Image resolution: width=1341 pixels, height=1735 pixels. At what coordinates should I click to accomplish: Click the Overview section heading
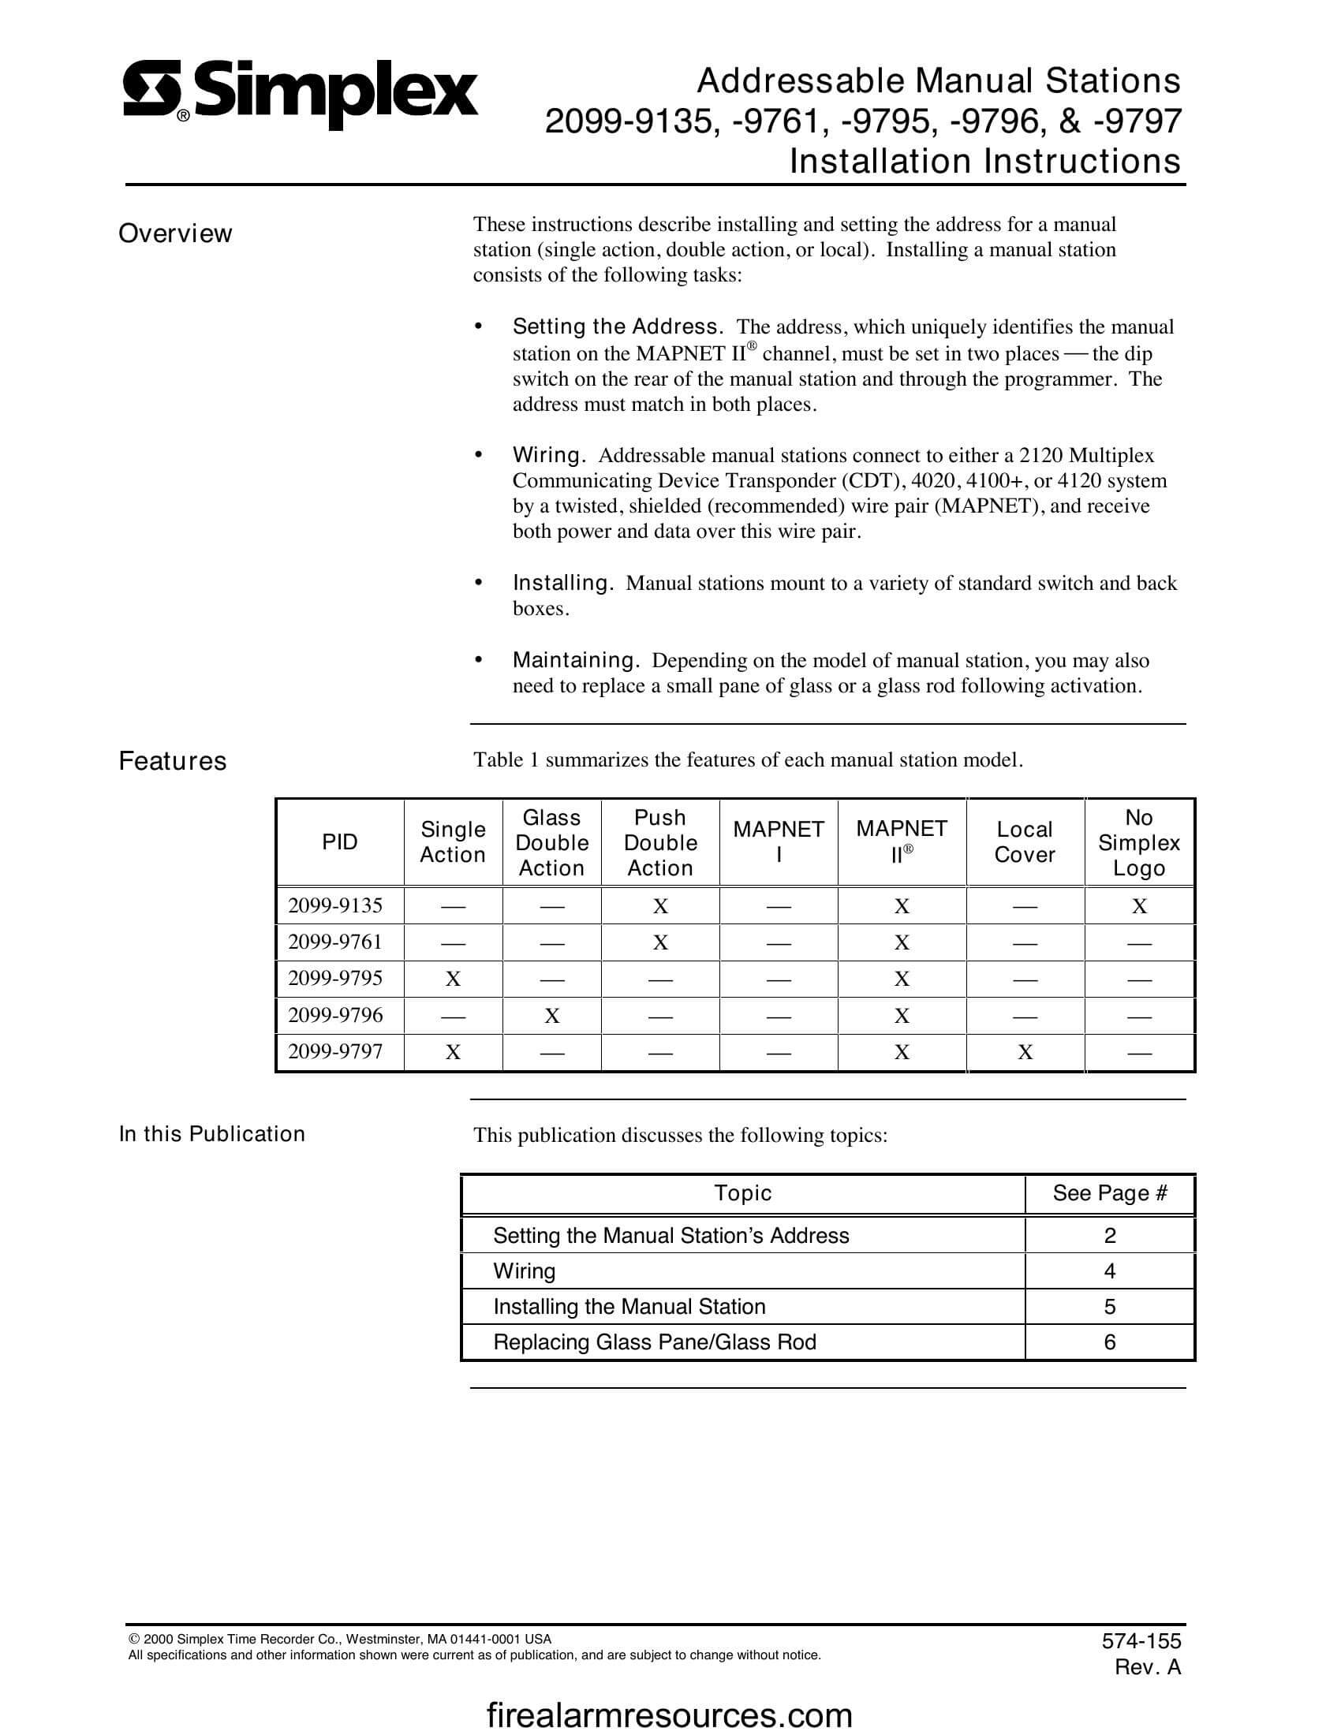175,233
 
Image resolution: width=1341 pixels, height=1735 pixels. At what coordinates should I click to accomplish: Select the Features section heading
173,761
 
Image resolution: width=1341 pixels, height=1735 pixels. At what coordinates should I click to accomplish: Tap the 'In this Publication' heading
211,1133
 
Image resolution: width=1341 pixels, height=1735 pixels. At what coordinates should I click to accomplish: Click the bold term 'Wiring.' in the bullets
549,455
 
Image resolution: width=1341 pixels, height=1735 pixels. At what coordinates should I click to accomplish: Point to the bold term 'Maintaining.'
576,660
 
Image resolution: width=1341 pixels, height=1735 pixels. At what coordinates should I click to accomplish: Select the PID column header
339,842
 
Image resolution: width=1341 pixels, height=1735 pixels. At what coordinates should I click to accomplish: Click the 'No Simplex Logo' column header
1138,842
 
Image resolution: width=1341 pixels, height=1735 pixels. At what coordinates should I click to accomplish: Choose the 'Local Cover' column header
1024,842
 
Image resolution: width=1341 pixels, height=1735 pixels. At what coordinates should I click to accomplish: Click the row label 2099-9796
335,1015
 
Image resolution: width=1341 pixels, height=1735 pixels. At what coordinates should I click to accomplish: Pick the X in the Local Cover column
1025,1053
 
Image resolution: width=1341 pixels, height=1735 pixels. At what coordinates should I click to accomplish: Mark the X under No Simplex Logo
1138,906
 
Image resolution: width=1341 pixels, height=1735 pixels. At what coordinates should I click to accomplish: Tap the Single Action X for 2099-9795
453,979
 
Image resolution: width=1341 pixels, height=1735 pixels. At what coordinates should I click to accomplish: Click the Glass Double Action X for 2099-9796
551,1016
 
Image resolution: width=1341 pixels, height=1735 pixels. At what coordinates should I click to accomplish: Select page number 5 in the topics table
1109,1307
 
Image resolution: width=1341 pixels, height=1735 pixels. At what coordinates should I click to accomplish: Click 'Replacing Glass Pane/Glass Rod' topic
655,1342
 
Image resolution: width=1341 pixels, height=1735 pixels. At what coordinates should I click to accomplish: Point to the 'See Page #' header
1109,1193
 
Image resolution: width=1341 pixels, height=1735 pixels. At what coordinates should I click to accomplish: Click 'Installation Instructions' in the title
984,161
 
